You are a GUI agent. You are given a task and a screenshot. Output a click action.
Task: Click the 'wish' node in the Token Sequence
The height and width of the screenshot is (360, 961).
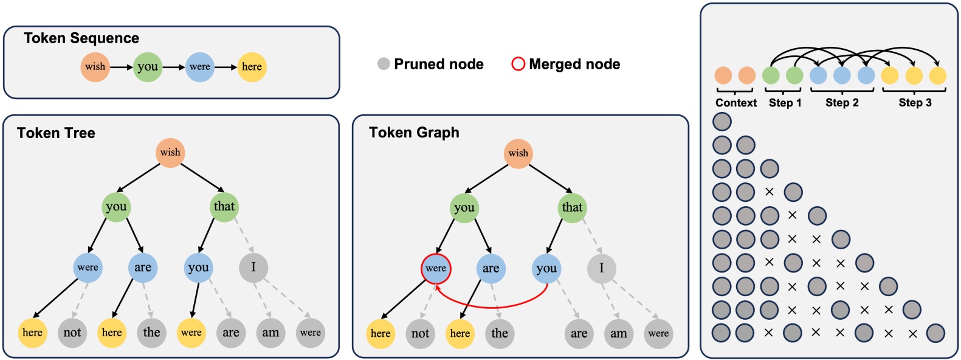[95, 67]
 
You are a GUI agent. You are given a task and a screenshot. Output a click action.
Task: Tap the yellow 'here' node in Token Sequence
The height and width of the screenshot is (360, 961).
[252, 67]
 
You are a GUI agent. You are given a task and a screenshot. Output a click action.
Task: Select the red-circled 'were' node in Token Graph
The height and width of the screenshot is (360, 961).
[436, 268]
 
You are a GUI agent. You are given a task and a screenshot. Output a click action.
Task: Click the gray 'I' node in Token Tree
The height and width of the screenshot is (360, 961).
[253, 268]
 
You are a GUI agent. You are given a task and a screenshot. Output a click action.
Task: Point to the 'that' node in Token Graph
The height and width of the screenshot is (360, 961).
[572, 207]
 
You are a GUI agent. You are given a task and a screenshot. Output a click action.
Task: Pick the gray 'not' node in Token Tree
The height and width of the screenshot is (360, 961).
[72, 333]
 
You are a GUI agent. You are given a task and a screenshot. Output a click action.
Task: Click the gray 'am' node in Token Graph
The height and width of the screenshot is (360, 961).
[619, 333]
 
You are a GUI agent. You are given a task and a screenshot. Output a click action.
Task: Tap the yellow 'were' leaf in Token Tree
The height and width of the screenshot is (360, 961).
[191, 333]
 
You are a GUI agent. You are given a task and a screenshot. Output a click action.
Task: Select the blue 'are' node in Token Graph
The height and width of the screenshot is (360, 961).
[491, 269]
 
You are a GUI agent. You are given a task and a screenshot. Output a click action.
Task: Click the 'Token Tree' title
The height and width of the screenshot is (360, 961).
[56, 133]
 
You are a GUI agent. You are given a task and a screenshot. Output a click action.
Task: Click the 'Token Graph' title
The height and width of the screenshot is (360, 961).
[414, 133]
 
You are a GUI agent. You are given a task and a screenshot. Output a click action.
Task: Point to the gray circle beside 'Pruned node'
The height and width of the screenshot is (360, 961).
[384, 64]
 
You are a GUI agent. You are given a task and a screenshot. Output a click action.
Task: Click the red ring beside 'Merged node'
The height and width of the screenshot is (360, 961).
[518, 64]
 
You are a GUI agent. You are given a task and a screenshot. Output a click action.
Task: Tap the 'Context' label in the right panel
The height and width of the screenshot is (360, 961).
[735, 103]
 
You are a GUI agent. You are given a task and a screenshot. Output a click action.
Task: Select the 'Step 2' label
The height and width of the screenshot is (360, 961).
[842, 103]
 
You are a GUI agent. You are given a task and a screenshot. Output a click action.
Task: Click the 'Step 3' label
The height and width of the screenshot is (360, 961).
[915, 103]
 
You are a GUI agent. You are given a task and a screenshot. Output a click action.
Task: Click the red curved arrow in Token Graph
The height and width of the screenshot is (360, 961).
[492, 306]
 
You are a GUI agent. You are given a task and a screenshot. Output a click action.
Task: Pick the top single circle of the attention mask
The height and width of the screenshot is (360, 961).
[722, 122]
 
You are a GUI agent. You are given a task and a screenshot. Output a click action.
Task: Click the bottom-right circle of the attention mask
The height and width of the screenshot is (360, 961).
[935, 333]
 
